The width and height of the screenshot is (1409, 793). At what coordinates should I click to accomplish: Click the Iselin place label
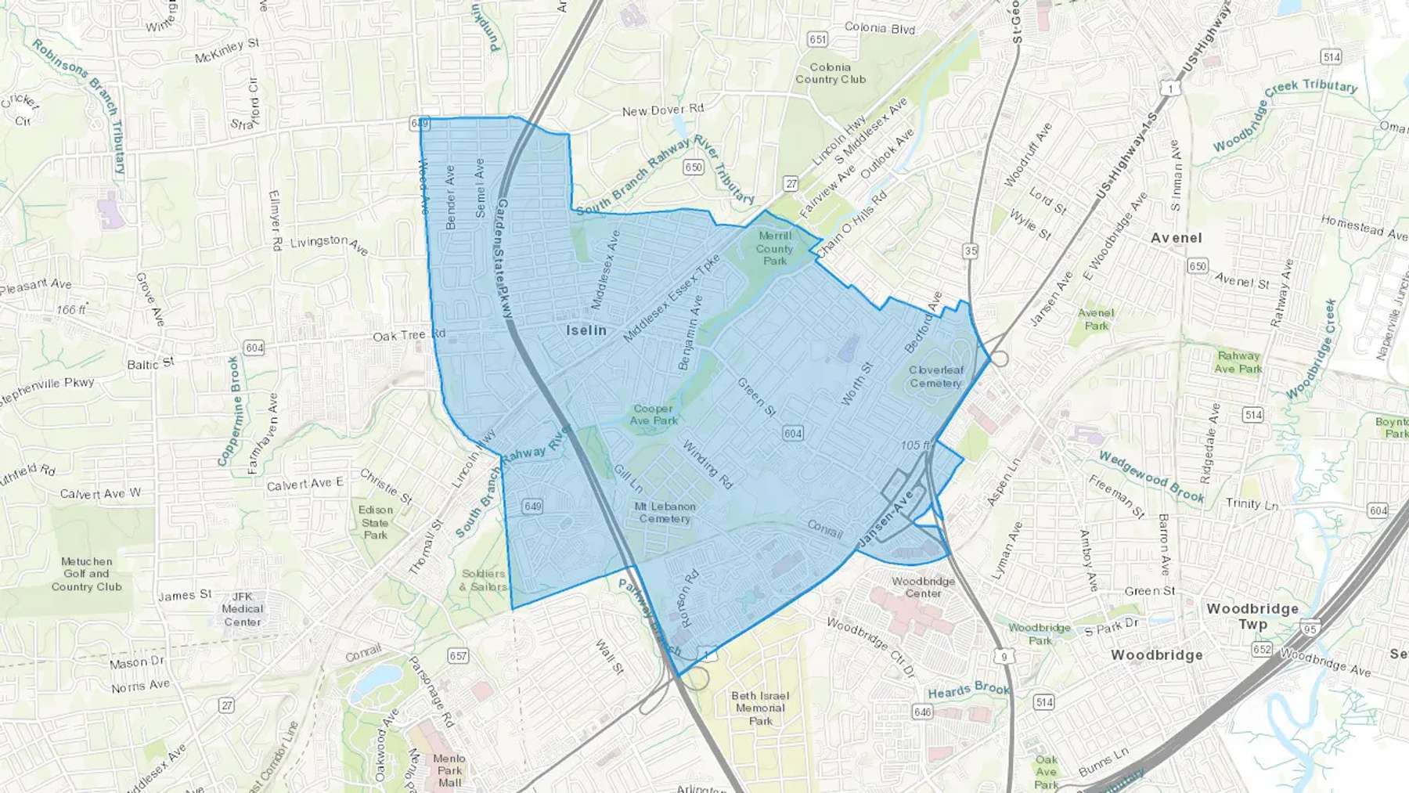click(x=586, y=330)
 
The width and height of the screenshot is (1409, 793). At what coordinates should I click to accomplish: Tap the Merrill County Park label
click(x=774, y=248)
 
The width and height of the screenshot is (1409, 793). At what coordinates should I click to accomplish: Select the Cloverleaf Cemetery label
click(x=936, y=377)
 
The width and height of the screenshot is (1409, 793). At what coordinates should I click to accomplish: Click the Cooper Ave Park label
click(x=654, y=415)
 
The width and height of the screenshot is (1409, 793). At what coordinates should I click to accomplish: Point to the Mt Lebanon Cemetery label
click(x=665, y=513)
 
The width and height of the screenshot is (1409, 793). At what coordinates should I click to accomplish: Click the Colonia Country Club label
click(x=831, y=74)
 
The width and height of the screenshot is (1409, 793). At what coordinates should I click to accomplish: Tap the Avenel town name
click(x=1176, y=238)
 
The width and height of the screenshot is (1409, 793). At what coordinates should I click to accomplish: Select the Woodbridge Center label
click(x=924, y=587)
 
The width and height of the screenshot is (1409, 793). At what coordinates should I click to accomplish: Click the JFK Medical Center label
click(x=243, y=609)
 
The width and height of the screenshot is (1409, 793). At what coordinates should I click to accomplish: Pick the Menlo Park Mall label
click(x=449, y=770)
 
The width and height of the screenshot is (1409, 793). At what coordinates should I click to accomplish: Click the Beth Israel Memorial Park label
click(x=760, y=708)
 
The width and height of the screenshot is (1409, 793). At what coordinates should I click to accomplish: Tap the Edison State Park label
click(x=375, y=522)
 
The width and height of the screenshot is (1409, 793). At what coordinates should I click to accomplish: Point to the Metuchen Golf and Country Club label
click(x=87, y=574)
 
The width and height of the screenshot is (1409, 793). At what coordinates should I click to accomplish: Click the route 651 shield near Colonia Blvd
click(x=818, y=39)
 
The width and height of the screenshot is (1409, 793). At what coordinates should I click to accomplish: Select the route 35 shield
click(x=971, y=251)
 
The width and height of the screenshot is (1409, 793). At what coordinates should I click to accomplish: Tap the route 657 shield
click(x=458, y=656)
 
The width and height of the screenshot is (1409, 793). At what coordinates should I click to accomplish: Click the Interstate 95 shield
click(x=1310, y=629)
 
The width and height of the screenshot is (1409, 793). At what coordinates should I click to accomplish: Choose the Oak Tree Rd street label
click(x=409, y=335)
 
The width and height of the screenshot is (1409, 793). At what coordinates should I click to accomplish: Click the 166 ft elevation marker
click(x=71, y=310)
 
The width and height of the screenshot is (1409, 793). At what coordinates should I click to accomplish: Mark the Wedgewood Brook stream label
click(x=1151, y=477)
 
